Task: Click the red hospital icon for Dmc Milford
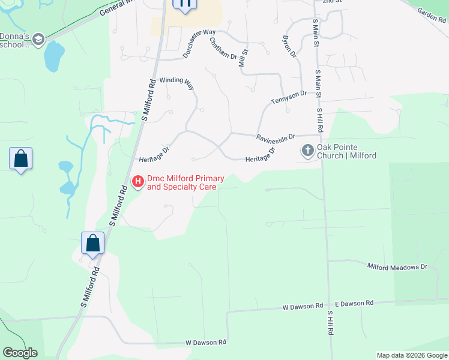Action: [x=137, y=181]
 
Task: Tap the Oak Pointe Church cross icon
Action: [x=308, y=150]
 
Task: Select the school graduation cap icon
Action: [x=38, y=40]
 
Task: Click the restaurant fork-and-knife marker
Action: [x=184, y=4]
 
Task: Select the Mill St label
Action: [x=243, y=58]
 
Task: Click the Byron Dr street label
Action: [x=290, y=47]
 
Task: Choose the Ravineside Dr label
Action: [x=276, y=137]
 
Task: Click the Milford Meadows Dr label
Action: [x=397, y=267]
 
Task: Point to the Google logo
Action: [x=20, y=352]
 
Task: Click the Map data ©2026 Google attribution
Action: [x=411, y=355]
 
